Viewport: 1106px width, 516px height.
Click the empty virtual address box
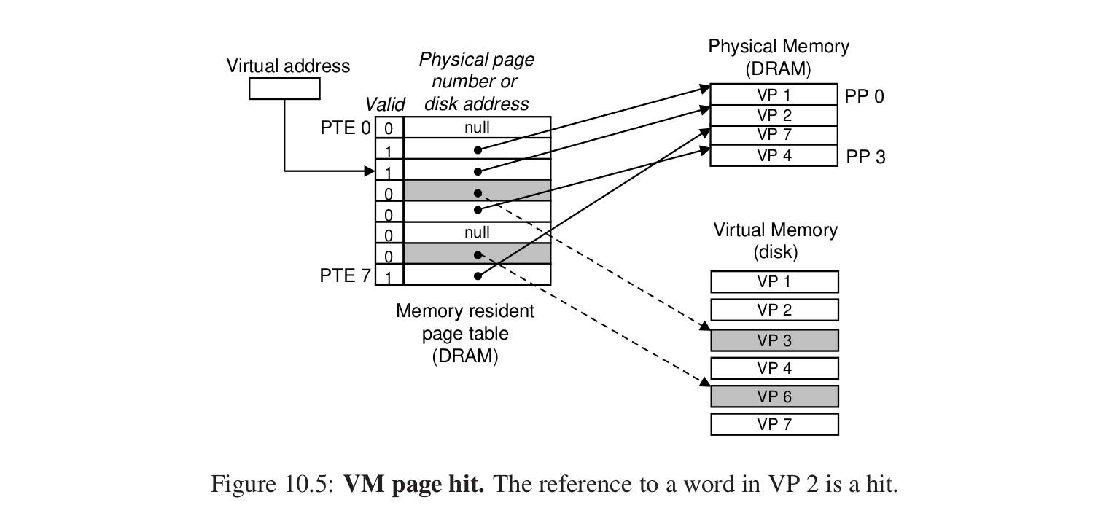pos(284,89)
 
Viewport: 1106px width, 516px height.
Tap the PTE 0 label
pos(346,129)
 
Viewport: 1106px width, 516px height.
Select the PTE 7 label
pos(346,276)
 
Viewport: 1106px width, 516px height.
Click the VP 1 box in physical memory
pos(774,95)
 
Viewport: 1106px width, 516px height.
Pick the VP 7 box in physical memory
pos(774,135)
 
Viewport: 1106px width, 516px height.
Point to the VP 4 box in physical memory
pos(774,155)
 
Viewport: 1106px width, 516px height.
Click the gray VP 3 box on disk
pos(774,340)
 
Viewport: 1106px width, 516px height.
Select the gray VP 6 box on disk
pos(774,396)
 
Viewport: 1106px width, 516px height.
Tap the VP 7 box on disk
pos(774,424)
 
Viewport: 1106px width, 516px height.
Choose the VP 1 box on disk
pos(774,282)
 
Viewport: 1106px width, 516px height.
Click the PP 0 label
pos(865,95)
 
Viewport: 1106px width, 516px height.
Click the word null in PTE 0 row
pos(477,128)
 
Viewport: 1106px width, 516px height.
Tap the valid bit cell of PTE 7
pos(389,277)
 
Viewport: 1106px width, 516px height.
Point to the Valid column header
pos(384,106)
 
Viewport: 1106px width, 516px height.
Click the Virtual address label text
pos(288,66)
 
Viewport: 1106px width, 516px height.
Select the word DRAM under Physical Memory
pos(778,70)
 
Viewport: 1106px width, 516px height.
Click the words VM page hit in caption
pos(413,485)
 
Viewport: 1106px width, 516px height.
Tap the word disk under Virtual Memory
pos(776,252)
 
